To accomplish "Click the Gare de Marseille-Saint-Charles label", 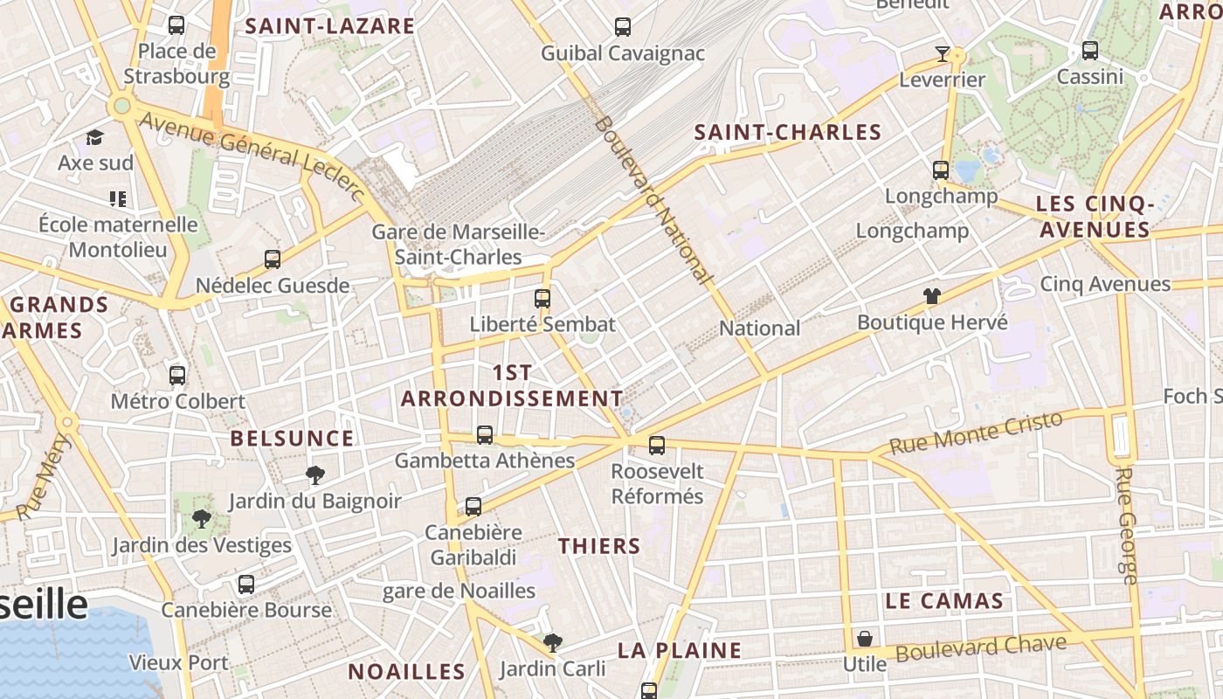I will point(459,245).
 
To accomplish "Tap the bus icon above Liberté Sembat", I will point(542,299).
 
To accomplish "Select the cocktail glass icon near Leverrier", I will point(942,54).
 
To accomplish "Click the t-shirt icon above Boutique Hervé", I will point(932,296).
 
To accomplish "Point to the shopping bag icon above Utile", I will point(864,639).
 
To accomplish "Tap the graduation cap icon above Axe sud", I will point(94,137).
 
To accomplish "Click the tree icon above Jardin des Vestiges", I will point(202,519).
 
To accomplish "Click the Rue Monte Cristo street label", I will point(976,433).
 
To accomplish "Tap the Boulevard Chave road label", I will point(981,648).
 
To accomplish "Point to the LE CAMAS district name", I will point(943,601).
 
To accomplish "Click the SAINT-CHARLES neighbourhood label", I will point(787,133).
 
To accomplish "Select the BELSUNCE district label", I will point(292,439).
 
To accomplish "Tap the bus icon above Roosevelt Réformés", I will point(657,446).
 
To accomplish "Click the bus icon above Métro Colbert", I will point(177,376).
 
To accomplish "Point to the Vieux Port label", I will point(178,663).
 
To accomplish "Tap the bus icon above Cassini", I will point(1090,51).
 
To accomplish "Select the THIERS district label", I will point(599,547).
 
